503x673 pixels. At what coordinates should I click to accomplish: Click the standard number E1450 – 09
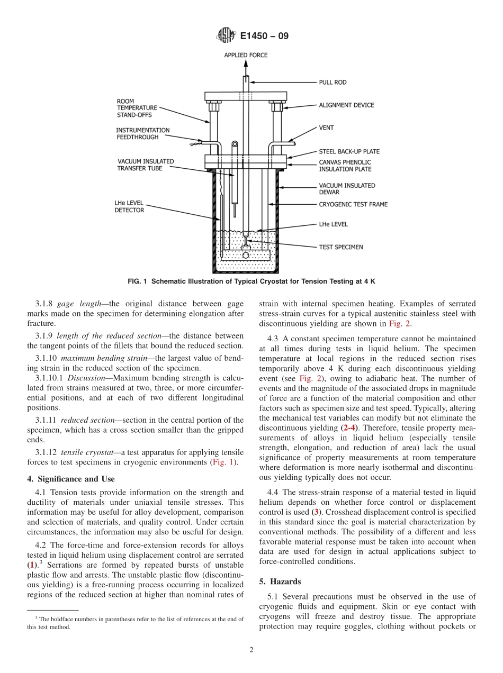click(264, 37)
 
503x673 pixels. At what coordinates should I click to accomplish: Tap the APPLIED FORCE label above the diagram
click(246, 55)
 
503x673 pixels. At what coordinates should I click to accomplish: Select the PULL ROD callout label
click(333, 82)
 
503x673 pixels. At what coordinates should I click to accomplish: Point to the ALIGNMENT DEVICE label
click(346, 105)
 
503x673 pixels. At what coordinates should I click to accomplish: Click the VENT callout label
click(326, 128)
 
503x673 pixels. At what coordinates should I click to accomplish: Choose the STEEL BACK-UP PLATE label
click(348, 151)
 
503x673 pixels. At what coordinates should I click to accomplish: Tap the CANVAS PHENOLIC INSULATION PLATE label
click(345, 165)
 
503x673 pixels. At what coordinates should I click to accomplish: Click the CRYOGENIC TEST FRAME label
click(353, 204)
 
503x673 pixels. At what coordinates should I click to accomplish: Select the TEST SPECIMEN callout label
click(340, 247)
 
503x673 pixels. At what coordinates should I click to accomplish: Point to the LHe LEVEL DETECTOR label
click(129, 206)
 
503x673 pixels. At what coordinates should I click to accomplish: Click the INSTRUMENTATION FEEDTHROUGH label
click(143, 133)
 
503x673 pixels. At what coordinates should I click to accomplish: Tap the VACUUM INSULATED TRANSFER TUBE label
click(145, 165)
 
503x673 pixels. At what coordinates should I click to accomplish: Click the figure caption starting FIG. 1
click(251, 281)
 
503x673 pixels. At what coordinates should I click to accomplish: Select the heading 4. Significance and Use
click(71, 479)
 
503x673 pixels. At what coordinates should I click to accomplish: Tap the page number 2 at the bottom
click(251, 650)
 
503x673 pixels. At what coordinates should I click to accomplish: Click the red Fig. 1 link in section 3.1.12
click(222, 462)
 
